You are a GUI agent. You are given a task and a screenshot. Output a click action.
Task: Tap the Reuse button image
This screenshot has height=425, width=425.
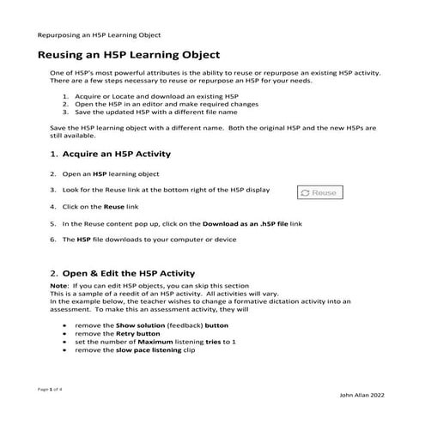pyautogui.click(x=320, y=193)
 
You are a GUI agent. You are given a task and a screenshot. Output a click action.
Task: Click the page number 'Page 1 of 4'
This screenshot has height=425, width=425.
pyautogui.click(x=51, y=389)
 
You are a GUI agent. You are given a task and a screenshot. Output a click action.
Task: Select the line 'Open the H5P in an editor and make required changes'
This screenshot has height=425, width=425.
pyautogui.click(x=167, y=105)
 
